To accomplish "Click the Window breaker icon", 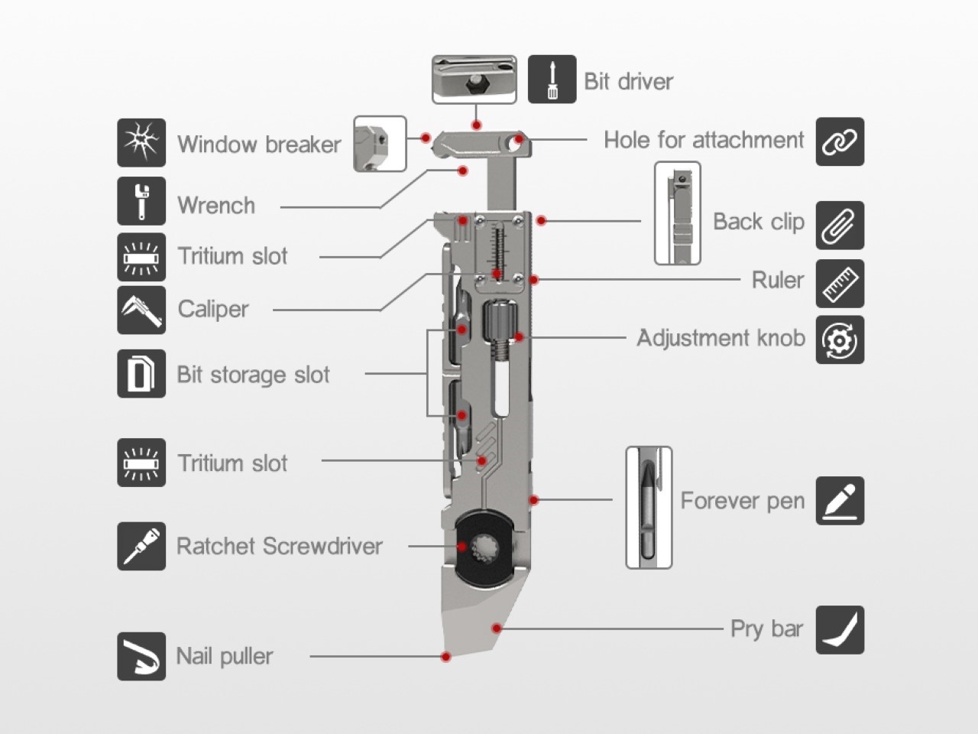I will coord(141,143).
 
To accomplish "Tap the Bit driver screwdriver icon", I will coord(552,80).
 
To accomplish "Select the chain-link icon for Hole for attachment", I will coord(840,141).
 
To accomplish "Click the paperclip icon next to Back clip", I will coord(840,225).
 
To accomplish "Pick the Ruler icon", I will coord(840,283).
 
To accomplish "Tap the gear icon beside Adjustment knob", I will coord(840,339).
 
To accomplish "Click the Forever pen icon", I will coord(840,501).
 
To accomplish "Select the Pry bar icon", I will coord(840,630).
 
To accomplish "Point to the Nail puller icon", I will coord(141,656).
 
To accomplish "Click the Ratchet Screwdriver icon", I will coord(141,546).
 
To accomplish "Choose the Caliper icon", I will coord(141,310).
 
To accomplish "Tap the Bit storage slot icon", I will coord(141,374).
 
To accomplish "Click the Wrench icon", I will coord(141,200).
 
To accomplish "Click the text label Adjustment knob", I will coord(721,338).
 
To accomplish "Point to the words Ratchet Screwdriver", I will coord(279,546).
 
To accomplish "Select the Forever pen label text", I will coord(742,501).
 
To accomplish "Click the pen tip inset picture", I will coord(649,508).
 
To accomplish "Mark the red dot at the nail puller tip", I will coord(446,657).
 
